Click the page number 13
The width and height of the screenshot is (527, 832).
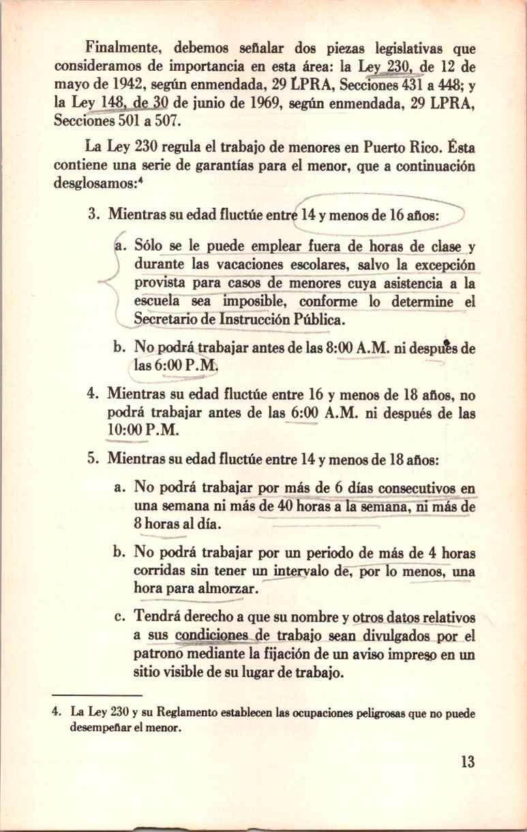click(466, 761)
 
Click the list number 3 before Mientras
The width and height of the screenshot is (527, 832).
click(94, 215)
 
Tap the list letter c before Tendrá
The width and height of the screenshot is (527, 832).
click(119, 617)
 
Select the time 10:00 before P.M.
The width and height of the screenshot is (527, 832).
click(123, 432)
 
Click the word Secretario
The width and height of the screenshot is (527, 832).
click(166, 319)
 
